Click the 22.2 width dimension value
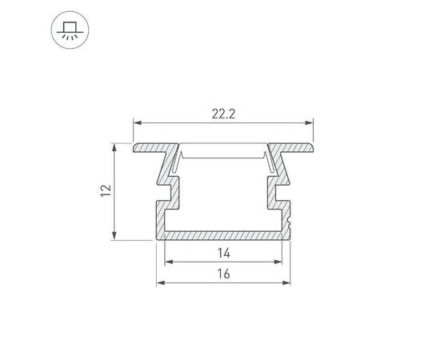tap(223, 114)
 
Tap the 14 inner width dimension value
tap(223, 253)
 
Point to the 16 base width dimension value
tap(223, 274)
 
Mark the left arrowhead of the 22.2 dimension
tap(137, 122)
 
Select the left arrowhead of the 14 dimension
tap(169, 262)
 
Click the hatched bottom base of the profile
tap(224, 234)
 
